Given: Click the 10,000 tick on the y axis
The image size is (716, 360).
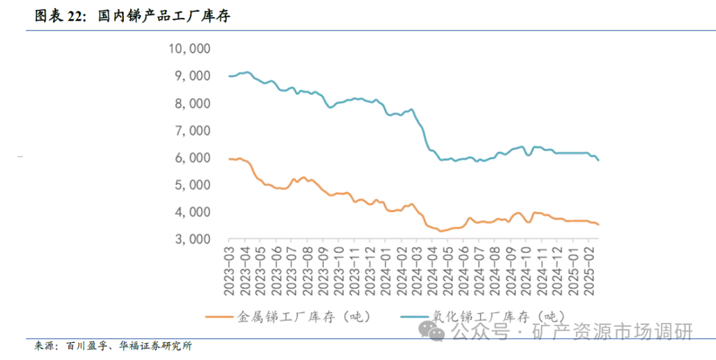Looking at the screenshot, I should click(x=191, y=48).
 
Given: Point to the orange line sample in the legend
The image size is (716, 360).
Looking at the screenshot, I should click(x=220, y=317).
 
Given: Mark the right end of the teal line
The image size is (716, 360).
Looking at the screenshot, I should click(x=599, y=160).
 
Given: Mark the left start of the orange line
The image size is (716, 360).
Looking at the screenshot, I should click(x=229, y=159).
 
